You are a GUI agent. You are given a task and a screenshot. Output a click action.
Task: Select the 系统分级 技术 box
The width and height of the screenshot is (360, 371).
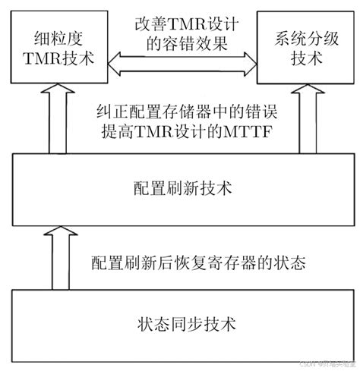[x=298, y=45]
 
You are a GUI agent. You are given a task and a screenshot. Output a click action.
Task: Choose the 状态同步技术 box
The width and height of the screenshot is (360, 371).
[x=180, y=325]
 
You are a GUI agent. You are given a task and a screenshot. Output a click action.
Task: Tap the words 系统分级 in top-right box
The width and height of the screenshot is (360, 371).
[x=298, y=35]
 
